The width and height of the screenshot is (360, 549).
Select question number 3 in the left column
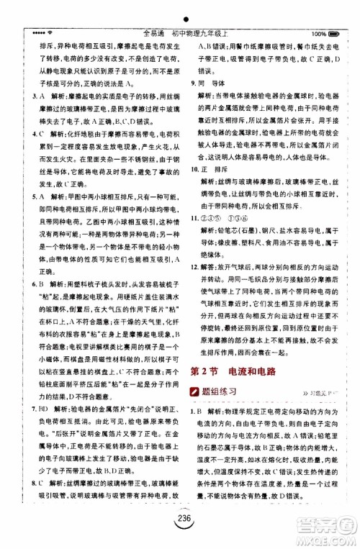[26, 96]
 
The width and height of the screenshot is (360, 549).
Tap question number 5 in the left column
[26, 196]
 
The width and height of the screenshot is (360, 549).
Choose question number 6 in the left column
[26, 283]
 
